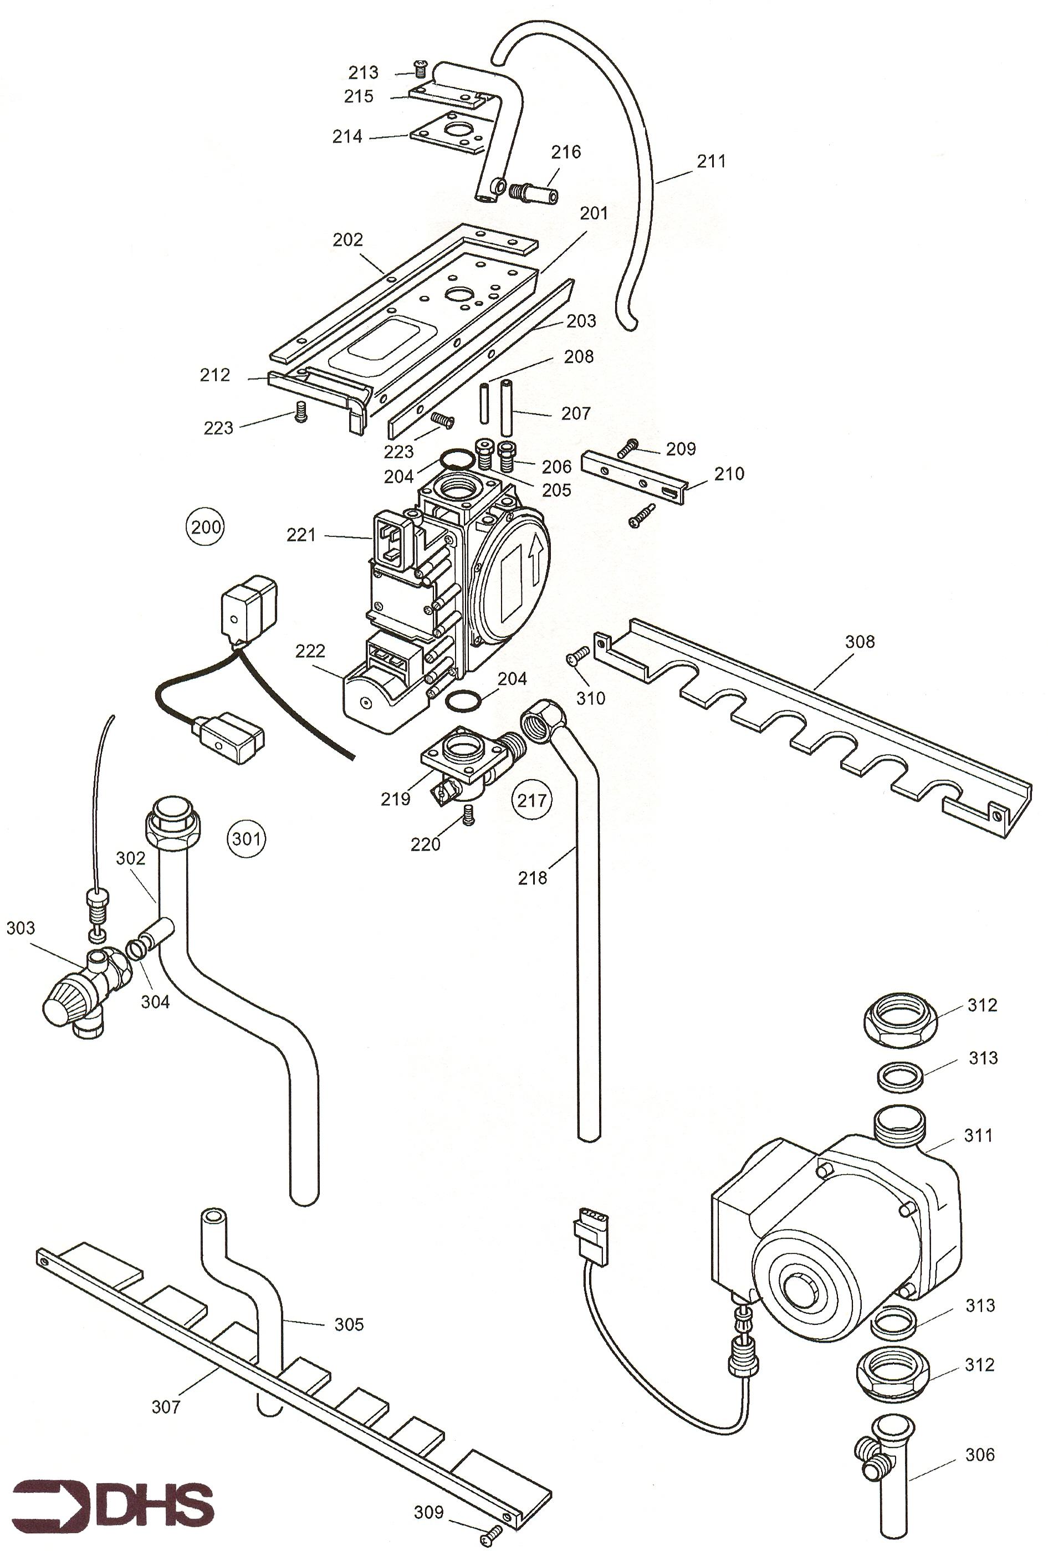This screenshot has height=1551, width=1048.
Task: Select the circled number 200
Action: click(206, 527)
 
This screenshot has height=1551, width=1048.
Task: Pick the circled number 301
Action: click(246, 838)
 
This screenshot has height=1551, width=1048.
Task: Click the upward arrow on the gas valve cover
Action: click(534, 552)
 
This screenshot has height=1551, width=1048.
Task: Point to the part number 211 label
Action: click(711, 161)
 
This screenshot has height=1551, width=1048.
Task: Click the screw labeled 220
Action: click(468, 813)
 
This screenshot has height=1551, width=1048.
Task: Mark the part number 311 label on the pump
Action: click(978, 1134)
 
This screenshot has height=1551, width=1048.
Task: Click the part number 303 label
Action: click(21, 928)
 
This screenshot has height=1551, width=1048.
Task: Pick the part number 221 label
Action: click(301, 535)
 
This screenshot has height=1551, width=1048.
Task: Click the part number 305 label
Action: click(349, 1324)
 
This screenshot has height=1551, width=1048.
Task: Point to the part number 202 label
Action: click(348, 239)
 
